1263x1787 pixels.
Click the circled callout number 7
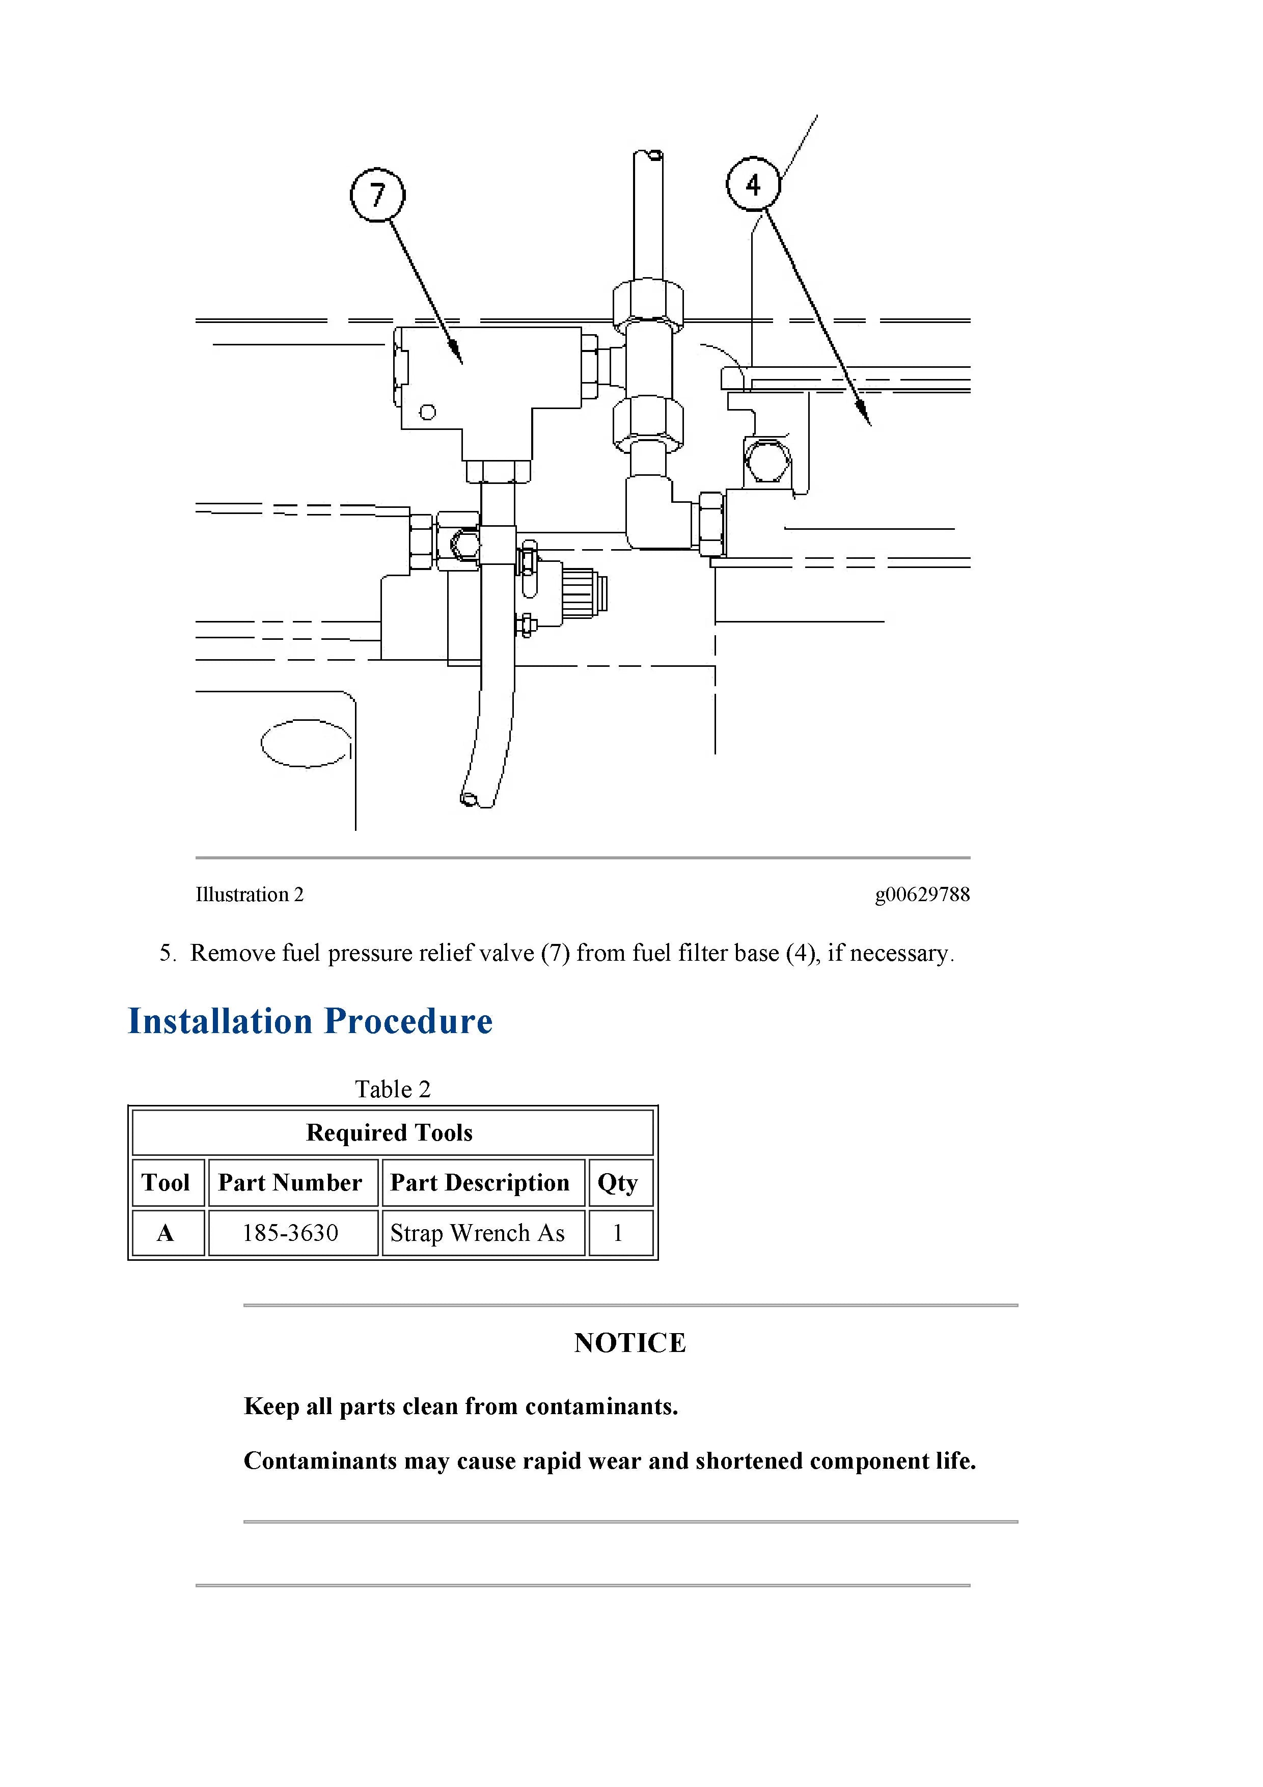(377, 195)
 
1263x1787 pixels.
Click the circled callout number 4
(753, 184)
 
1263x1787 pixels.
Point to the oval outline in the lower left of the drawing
(305, 743)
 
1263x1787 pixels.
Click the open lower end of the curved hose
(469, 799)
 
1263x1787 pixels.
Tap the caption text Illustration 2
(249, 895)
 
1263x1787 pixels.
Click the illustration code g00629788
(922, 895)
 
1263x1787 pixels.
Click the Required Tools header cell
(390, 1132)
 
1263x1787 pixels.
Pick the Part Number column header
(290, 1182)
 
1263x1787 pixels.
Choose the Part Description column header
(480, 1182)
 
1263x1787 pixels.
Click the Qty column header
(618, 1182)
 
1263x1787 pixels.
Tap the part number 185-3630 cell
(290, 1233)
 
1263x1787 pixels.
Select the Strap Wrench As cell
(478, 1233)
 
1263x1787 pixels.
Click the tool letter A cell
(166, 1233)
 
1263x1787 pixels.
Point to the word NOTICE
(630, 1343)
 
